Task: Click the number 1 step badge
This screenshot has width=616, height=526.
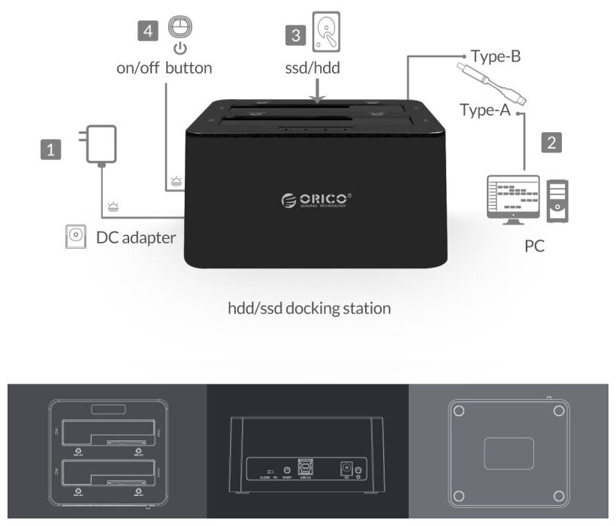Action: click(50, 150)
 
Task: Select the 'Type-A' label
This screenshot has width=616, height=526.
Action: click(485, 110)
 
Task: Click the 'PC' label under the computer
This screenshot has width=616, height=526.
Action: click(534, 246)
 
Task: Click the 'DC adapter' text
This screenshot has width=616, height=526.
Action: click(135, 237)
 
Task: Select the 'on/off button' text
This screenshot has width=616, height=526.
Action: click(164, 68)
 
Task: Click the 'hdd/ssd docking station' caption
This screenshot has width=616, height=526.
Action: click(308, 308)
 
